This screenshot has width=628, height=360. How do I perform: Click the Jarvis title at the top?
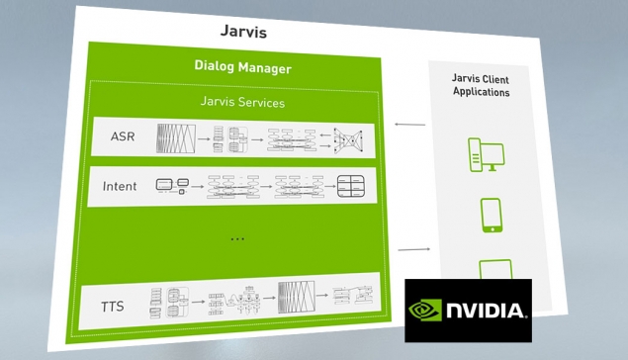tap(243, 32)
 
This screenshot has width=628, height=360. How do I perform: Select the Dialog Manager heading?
tap(242, 67)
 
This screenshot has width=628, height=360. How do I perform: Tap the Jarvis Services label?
tap(242, 102)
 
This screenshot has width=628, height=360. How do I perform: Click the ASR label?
tap(123, 136)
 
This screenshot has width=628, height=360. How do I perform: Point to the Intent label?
tap(120, 186)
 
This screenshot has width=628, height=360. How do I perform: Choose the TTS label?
tap(112, 307)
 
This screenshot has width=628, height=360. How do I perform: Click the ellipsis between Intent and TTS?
tap(237, 239)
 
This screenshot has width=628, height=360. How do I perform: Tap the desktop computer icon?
tap(487, 155)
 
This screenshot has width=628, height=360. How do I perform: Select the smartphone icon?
tap(492, 216)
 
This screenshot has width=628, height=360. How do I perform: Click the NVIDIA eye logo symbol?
tap(425, 311)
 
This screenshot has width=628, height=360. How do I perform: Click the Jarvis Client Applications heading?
tap(481, 85)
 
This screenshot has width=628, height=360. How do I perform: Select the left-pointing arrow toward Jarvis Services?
tap(409, 125)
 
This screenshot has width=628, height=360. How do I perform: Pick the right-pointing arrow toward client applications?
tap(414, 249)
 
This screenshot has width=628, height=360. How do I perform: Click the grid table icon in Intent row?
tap(351, 186)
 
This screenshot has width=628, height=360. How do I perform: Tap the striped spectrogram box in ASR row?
tap(176, 138)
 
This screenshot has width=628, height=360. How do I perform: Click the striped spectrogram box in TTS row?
tap(297, 298)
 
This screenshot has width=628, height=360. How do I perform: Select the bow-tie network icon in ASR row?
tap(348, 140)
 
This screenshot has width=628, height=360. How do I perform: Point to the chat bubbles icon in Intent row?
tap(172, 186)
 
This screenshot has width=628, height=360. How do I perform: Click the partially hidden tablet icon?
tap(495, 269)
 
